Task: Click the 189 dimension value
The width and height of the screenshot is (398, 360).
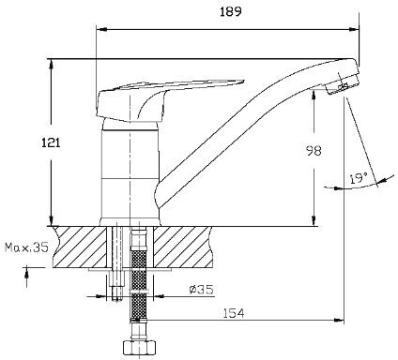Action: [231, 12]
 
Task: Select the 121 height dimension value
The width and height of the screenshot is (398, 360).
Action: [51, 142]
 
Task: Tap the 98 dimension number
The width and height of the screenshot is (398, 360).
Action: [313, 151]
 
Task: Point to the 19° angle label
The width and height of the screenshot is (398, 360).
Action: [359, 178]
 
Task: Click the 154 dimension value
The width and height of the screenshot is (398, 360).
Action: [234, 313]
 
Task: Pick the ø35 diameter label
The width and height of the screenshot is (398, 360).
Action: [202, 290]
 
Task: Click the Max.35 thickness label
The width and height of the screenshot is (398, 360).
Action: [27, 247]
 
